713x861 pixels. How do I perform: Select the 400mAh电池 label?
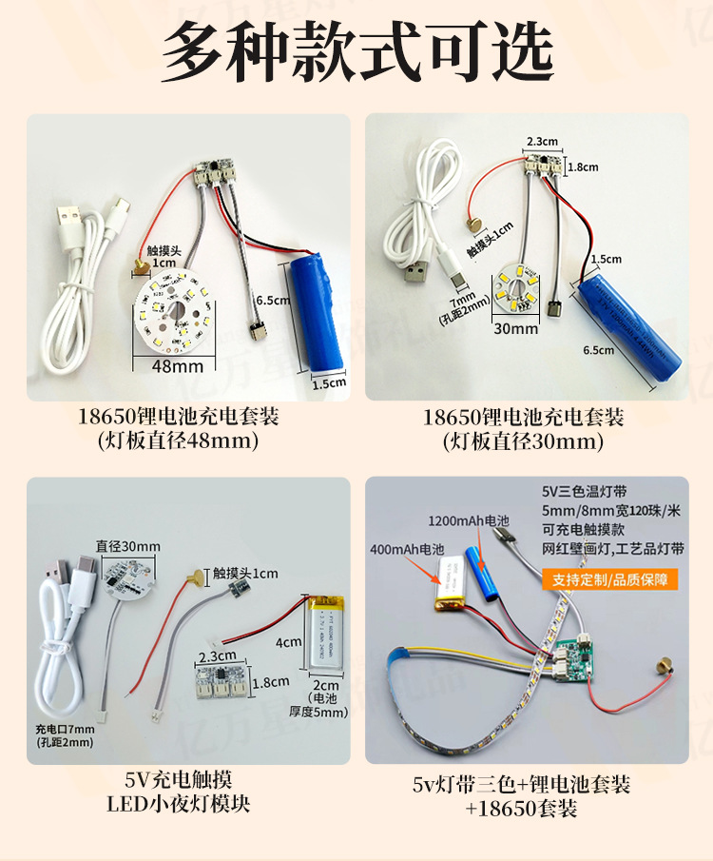(x=409, y=550)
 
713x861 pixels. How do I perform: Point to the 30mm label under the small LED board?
(x=516, y=329)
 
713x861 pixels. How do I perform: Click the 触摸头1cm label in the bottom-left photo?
(x=245, y=574)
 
